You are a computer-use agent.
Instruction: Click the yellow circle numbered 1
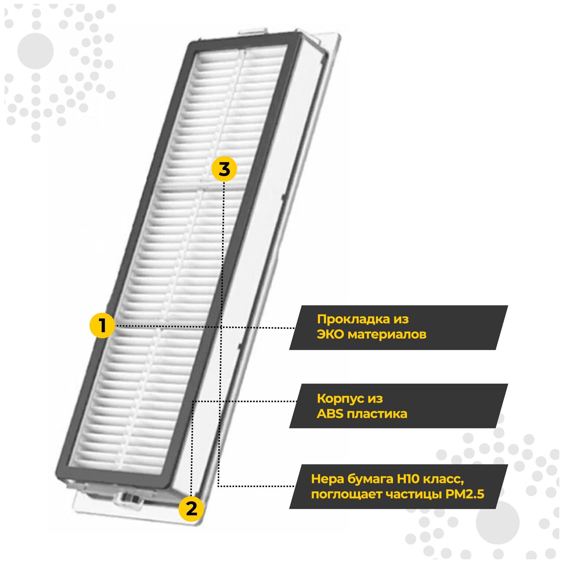pyautogui.click(x=102, y=326)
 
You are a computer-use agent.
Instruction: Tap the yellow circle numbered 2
pyautogui.click(x=191, y=509)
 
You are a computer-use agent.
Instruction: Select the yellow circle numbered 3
pyautogui.click(x=224, y=169)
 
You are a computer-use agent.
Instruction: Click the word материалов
pyautogui.click(x=387, y=334)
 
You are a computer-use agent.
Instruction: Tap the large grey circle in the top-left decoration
pyautogui.click(x=36, y=51)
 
